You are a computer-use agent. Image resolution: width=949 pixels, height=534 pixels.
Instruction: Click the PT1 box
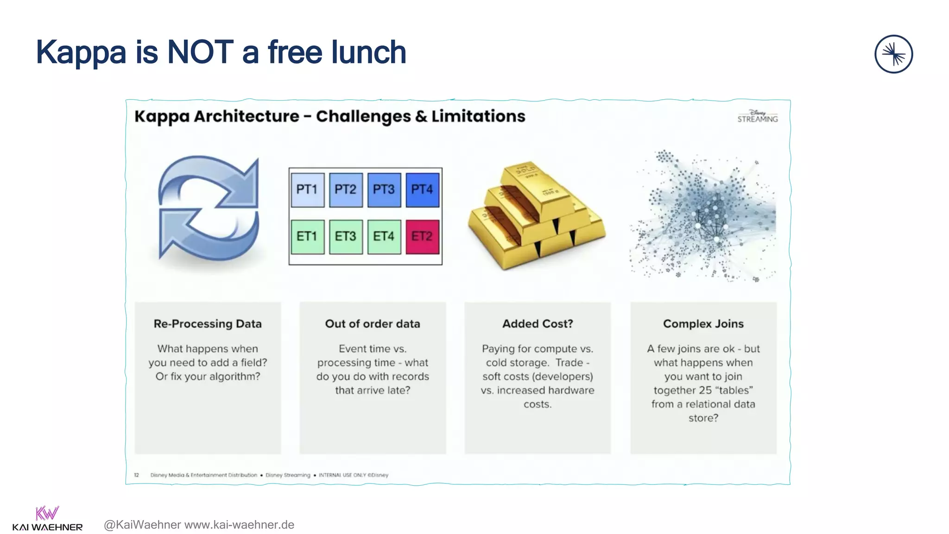tap(307, 190)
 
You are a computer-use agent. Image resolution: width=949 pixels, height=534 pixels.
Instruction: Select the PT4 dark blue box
tap(422, 190)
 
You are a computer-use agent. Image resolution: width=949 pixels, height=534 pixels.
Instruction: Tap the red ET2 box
tap(422, 237)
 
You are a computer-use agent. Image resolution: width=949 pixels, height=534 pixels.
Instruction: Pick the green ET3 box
tap(346, 237)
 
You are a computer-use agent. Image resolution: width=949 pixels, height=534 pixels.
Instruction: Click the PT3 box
tap(384, 190)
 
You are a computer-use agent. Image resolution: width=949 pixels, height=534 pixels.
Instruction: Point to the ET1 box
tap(307, 237)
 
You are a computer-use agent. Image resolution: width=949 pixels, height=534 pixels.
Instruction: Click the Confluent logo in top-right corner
tap(893, 54)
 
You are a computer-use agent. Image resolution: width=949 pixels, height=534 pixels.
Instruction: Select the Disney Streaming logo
tap(758, 116)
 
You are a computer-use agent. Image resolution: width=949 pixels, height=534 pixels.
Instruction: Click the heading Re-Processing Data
tap(208, 324)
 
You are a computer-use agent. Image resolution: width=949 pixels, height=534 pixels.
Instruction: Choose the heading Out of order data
tap(373, 324)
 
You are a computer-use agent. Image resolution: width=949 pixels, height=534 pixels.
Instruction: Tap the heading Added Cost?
tap(538, 324)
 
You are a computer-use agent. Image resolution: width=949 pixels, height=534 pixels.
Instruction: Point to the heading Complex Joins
tap(703, 324)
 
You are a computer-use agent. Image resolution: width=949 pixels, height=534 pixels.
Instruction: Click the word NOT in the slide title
tap(200, 52)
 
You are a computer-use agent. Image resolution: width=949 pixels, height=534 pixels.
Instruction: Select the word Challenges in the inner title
tap(363, 116)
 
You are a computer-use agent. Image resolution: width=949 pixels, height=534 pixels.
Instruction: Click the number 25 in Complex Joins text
tap(705, 390)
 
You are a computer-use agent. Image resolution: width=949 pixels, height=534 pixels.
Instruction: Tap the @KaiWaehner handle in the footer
tap(142, 525)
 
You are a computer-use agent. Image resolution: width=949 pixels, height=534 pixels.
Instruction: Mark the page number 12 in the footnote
tap(137, 475)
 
